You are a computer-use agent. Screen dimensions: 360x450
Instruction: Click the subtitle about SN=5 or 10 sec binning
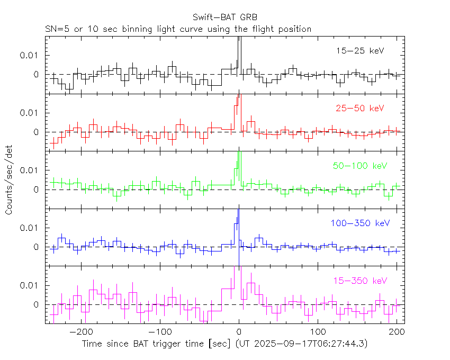pos(178,29)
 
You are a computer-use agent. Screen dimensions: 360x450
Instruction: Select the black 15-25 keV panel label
pos(360,51)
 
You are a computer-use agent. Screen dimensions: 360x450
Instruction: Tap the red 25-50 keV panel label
pos(360,108)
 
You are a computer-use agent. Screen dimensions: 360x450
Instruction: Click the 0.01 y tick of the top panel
pos(30,55)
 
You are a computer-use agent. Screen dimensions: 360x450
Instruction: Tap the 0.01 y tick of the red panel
pos(30,113)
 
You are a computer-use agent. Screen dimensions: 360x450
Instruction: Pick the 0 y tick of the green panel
pos(37,190)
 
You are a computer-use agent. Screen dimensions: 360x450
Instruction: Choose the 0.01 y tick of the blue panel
pos(30,228)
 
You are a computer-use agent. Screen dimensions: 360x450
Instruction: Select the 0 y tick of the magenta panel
pos(37,304)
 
